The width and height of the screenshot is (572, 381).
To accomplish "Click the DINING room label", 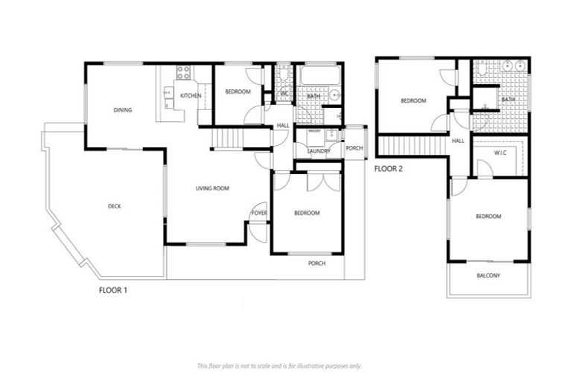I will [x=123, y=110].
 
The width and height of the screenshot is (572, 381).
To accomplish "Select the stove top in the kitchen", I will [x=184, y=73].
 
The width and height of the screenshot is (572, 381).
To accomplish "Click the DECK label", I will [x=114, y=206].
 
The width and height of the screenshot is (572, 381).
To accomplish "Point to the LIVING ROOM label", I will [x=212, y=189].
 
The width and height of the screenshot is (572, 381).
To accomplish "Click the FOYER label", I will [x=259, y=213].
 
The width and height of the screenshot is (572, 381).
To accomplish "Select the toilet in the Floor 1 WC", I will [x=285, y=73].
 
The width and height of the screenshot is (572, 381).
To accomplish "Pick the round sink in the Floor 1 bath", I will [x=334, y=95].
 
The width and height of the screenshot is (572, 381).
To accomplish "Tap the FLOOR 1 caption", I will [x=113, y=289].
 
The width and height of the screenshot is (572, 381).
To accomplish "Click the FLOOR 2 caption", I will [x=388, y=169].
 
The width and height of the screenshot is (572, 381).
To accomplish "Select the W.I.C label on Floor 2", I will [x=501, y=153].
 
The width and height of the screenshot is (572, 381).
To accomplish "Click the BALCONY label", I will [x=489, y=277].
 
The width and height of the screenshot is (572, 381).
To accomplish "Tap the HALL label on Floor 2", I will [x=458, y=141].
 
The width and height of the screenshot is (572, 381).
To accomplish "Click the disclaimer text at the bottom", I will [x=279, y=365].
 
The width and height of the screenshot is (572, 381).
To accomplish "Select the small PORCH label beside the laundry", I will [x=355, y=148].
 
